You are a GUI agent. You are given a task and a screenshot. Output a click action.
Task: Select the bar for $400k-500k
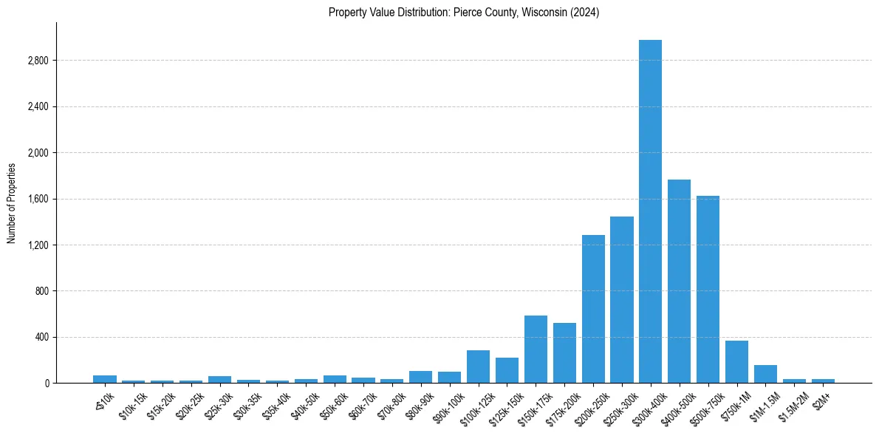[679, 281]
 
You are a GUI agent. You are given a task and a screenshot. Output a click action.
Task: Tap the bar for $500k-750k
[708, 289]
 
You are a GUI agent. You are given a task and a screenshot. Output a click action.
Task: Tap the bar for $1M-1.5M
[765, 374]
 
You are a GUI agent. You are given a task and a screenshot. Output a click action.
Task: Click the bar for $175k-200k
[564, 352]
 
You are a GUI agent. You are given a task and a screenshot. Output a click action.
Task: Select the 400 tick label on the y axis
[42, 338]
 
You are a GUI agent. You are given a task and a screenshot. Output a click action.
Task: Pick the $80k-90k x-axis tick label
[417, 406]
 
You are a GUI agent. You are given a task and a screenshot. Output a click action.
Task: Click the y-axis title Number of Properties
[12, 202]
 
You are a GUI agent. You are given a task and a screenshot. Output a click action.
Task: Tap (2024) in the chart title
[584, 13]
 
